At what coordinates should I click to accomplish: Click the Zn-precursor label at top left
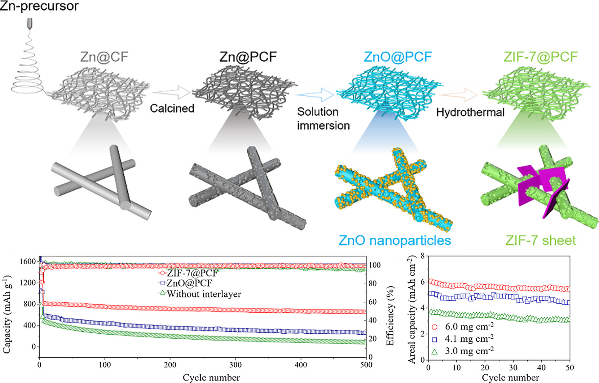point(39,6)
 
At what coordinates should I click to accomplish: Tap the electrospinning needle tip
point(30,29)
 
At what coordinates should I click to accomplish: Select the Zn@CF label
point(104,57)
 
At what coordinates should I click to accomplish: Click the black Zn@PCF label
point(248,57)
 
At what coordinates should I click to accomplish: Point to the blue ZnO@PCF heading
point(398,57)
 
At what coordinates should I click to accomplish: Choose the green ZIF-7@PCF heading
point(540,57)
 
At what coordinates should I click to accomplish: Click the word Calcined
point(172,108)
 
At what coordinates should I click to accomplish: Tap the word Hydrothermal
point(470,112)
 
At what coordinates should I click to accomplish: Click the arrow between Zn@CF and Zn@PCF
point(171,92)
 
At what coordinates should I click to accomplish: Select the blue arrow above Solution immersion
point(314,95)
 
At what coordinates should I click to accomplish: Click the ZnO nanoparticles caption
point(395,240)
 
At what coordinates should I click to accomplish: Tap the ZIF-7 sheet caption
point(541,240)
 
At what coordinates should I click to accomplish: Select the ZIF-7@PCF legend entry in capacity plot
point(188,273)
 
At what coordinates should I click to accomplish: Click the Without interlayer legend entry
point(200,294)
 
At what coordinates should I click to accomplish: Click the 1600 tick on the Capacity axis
point(28,261)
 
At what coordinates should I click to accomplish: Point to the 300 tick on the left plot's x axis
point(236,365)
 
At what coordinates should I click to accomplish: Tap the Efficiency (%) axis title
point(390,315)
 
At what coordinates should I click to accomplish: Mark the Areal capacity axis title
point(412,310)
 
